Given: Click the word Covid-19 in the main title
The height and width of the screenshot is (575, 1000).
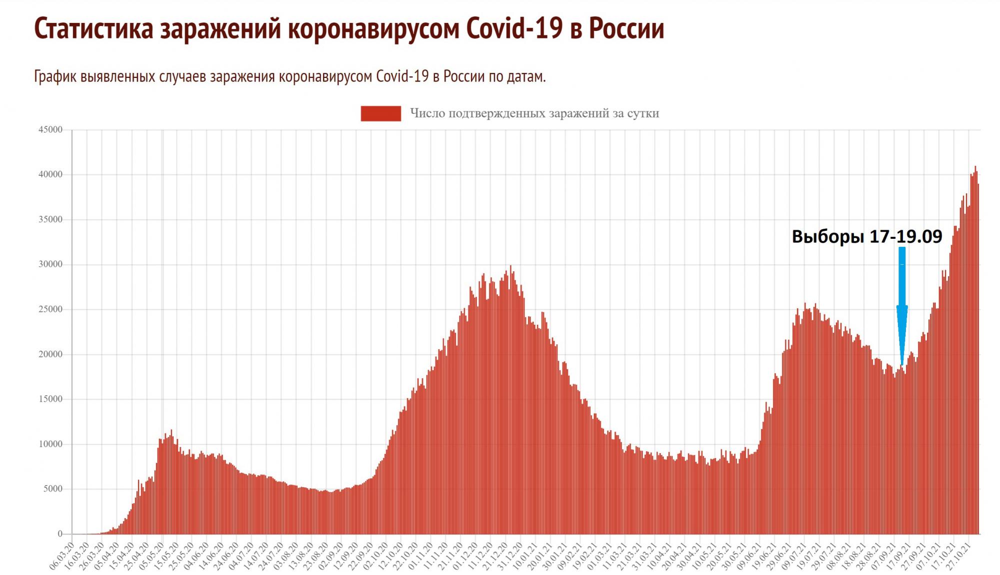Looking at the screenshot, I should coord(514,28).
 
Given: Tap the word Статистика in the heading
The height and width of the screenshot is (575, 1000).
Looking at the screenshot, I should coord(93,28).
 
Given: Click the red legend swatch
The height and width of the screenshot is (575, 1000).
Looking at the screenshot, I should coord(380,113).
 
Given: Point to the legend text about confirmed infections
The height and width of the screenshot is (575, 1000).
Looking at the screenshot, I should coord(534,113).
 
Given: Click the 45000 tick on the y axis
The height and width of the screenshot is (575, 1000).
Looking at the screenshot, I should coord(50,130).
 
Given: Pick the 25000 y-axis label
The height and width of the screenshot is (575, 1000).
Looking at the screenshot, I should coord(50,309).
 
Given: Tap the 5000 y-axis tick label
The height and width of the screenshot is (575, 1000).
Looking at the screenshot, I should coord(52,489).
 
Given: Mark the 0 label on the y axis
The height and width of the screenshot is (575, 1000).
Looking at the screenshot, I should coord(60,534).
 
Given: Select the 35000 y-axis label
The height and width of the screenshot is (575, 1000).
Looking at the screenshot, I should coord(50,219).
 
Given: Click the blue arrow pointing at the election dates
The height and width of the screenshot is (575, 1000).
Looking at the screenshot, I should coord(901,305).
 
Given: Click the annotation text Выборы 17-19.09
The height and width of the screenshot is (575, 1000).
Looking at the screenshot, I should coord(866,236).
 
